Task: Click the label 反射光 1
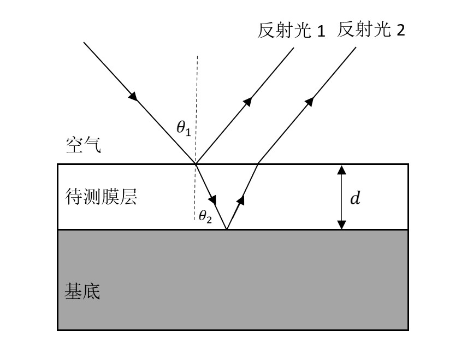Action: pyautogui.click(x=291, y=31)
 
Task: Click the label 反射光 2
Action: pyautogui.click(x=371, y=29)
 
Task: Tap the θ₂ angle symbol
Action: pyautogui.click(x=205, y=217)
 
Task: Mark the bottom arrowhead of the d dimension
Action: pyautogui.click(x=341, y=225)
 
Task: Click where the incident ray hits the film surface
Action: pyautogui.click(x=196, y=163)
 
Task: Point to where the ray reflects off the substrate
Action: pyautogui.click(x=226, y=229)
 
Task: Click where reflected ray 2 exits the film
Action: pyautogui.click(x=257, y=163)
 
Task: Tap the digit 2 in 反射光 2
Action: pyautogui.click(x=400, y=30)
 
